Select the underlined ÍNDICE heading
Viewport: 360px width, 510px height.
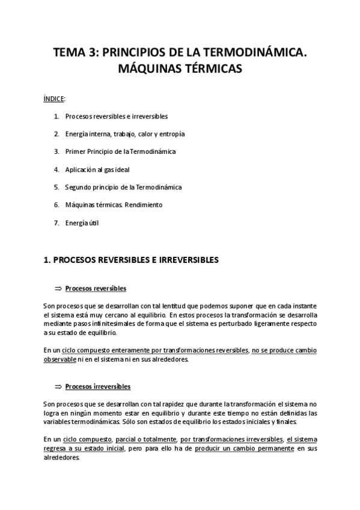pos(53,98)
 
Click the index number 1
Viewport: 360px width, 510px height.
pos(56,116)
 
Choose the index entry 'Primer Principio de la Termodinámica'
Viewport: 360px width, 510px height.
pos(120,152)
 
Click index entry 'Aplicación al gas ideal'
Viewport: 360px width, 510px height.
pos(97,170)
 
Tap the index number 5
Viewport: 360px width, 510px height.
pos(56,187)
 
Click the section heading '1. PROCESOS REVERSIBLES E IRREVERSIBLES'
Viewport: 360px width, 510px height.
pos(132,260)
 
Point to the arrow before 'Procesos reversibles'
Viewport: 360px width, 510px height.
pos(58,288)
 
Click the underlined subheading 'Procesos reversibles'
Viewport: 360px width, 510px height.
pos(96,288)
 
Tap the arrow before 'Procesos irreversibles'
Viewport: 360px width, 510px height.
pos(58,387)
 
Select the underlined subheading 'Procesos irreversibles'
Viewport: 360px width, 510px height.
pos(97,387)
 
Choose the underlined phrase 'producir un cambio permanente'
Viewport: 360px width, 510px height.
pos(244,449)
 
